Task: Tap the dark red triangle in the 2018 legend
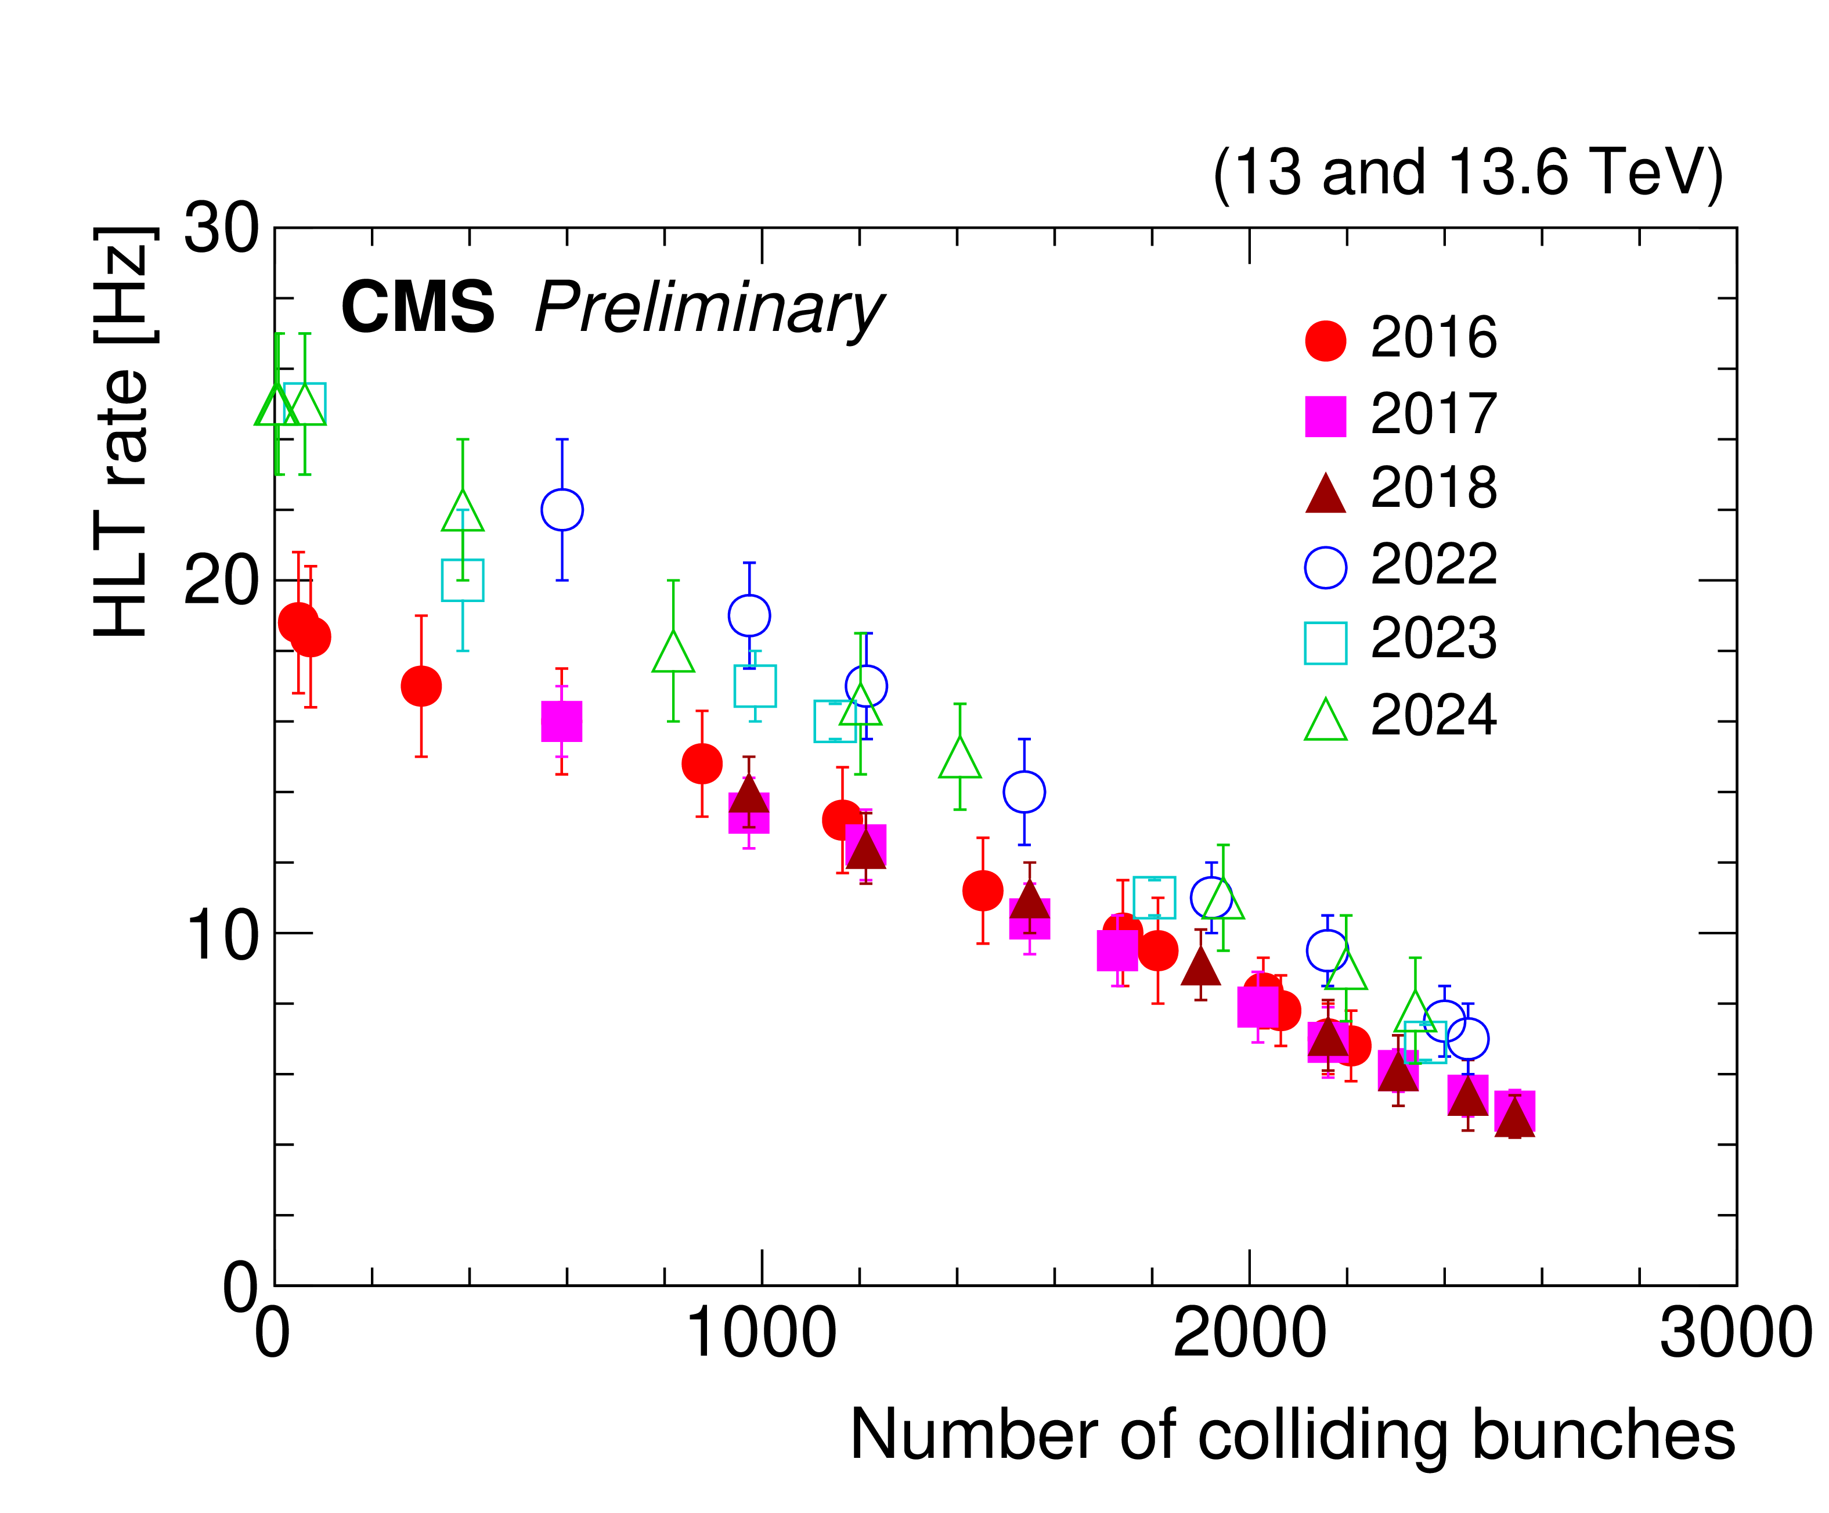click(1325, 493)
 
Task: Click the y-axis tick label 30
click(221, 230)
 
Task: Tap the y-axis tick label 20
click(221, 582)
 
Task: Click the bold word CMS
click(417, 308)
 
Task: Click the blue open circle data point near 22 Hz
click(562, 510)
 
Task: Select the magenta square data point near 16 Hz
click(562, 721)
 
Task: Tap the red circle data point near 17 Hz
click(421, 686)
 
